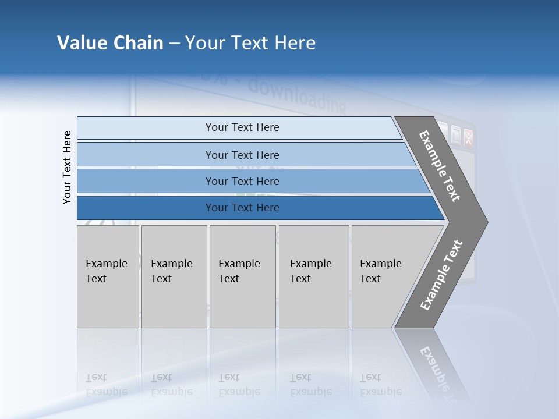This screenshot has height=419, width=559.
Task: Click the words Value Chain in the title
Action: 110,43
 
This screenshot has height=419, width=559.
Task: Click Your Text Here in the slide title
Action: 250,43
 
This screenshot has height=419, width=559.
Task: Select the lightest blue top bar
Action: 242,127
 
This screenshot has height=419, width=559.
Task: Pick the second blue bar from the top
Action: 242,155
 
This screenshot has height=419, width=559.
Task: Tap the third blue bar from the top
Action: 242,181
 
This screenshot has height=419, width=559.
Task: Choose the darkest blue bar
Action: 242,208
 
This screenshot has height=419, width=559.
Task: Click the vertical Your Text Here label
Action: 67,168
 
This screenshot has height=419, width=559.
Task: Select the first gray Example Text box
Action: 108,276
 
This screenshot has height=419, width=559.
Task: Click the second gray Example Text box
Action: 174,276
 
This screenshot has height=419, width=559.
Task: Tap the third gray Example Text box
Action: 242,276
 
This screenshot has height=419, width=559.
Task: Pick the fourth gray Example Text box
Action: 313,276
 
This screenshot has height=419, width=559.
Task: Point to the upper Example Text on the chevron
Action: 440,166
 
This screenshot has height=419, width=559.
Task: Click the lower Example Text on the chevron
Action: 441,275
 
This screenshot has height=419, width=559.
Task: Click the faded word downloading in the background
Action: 297,97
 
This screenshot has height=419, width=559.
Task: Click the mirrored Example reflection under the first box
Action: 106,392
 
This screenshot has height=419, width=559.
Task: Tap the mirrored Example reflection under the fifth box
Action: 380,392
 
